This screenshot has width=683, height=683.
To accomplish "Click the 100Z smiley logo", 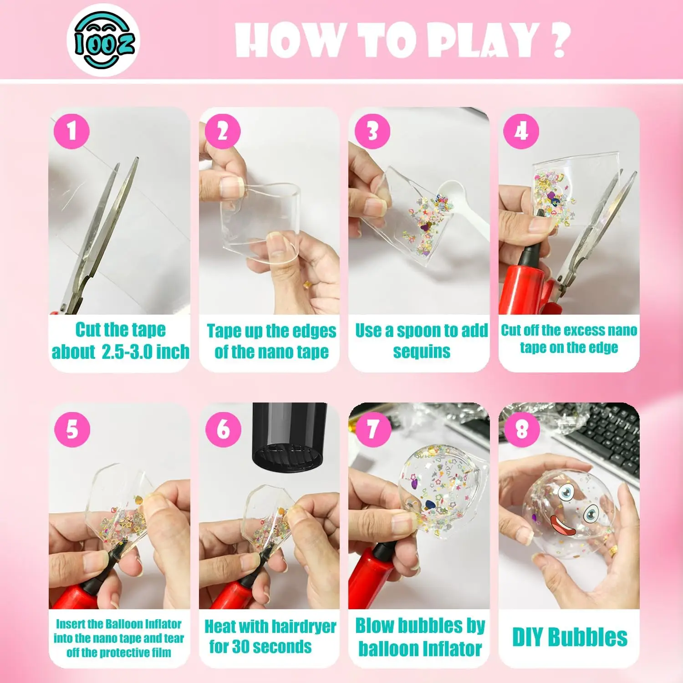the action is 104,40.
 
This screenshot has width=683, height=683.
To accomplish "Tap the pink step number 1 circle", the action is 71,131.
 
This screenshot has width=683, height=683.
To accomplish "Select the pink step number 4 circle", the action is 521,131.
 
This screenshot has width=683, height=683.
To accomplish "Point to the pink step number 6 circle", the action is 223,429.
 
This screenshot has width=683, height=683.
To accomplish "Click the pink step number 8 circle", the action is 522,429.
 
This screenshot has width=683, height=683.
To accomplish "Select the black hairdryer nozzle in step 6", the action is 290,437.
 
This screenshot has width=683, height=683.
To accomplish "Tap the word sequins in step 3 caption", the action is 422,352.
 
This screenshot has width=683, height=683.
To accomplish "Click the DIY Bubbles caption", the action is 570,637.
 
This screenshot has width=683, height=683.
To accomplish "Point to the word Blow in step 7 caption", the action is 376,626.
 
